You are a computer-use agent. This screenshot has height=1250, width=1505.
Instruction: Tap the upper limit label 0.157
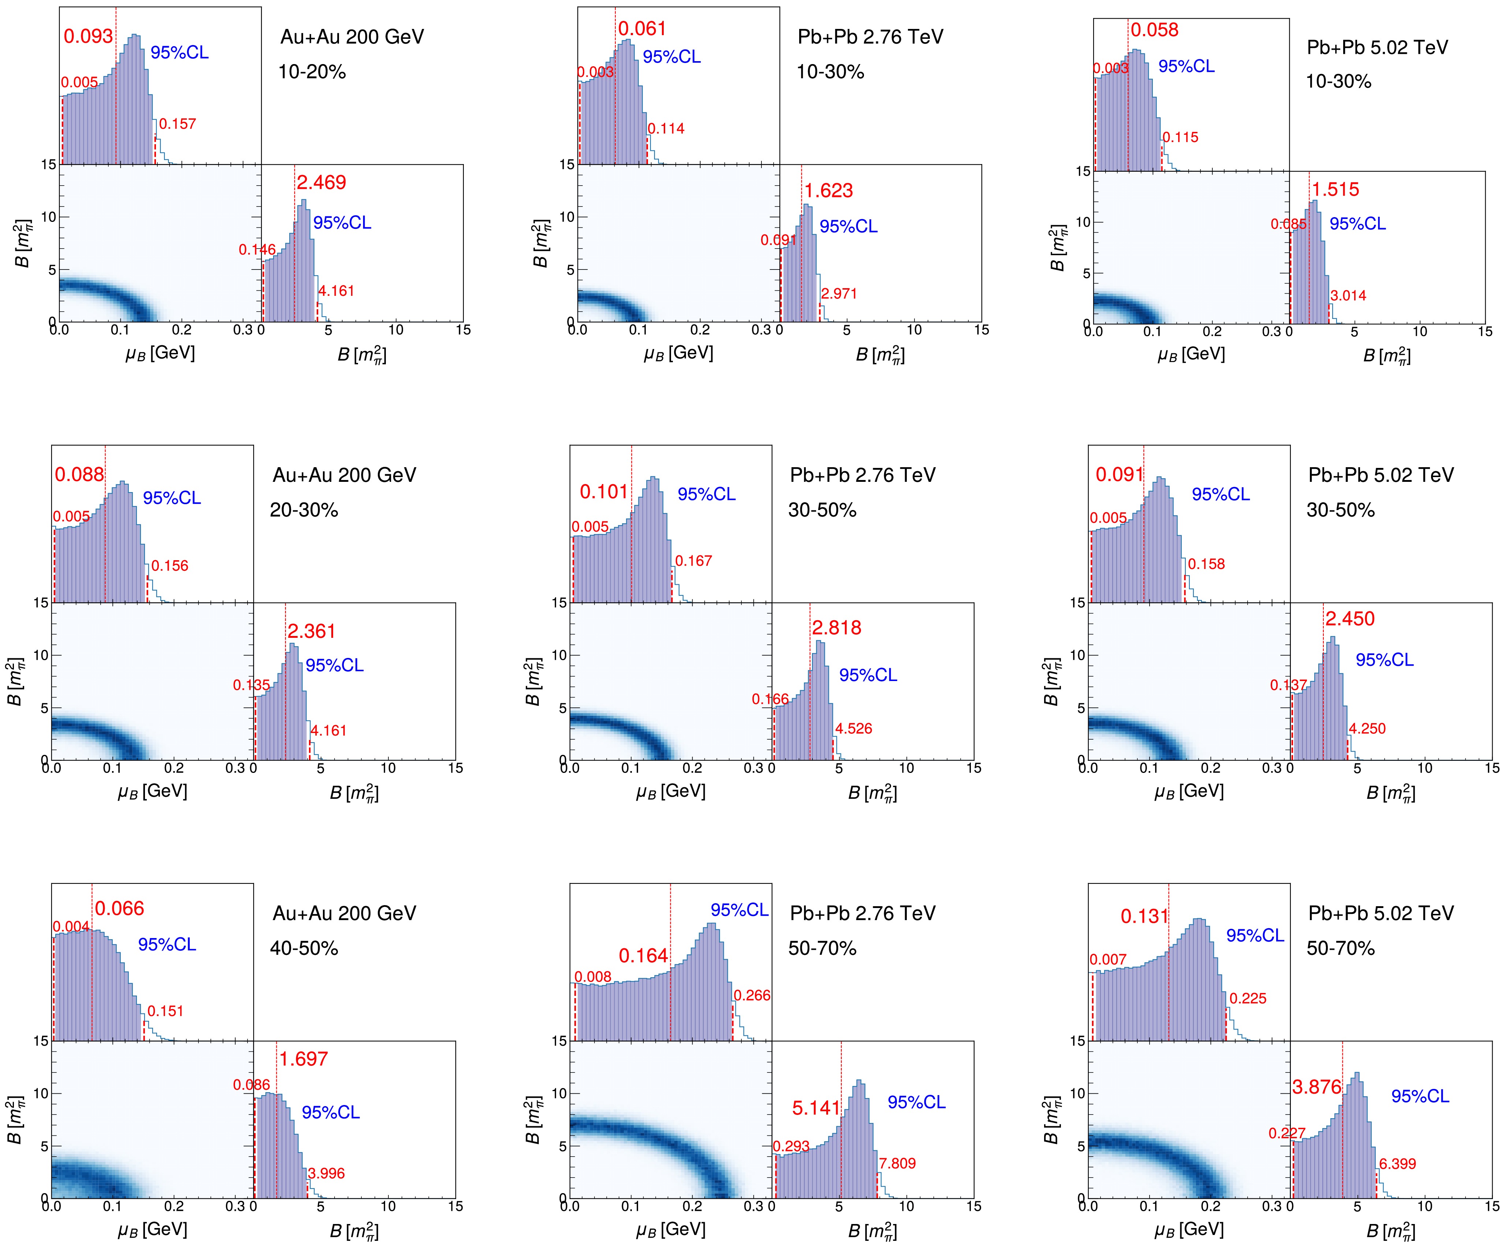177,124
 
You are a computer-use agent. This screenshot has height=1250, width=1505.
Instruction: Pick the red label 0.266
752,996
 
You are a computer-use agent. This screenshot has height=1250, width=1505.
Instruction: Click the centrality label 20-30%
304,510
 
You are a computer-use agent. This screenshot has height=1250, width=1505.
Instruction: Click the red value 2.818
837,628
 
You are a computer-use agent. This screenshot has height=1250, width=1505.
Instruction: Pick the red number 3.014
1348,295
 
